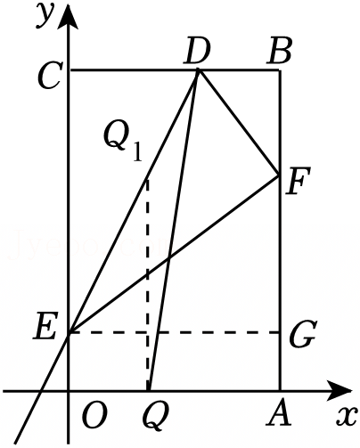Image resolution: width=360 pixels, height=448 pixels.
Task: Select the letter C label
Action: tap(51, 77)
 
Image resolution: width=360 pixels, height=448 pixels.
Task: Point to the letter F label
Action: tap(298, 181)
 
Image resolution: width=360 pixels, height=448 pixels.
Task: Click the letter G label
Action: tap(301, 334)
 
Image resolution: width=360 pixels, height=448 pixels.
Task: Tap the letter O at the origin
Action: tap(94, 415)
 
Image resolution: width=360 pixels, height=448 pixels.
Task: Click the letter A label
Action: tap(278, 415)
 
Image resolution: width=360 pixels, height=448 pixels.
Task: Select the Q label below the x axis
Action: tap(156, 418)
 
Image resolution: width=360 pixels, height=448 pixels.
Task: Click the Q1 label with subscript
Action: tap(123, 143)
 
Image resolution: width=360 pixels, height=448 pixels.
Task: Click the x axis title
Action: tap(347, 415)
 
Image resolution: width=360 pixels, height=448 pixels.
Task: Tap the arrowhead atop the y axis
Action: tap(69, 17)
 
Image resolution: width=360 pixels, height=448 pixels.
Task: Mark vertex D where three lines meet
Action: tap(199, 69)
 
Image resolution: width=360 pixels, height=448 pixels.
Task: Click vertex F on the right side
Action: tap(279, 175)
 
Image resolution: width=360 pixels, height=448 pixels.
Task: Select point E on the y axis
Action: tap(70, 332)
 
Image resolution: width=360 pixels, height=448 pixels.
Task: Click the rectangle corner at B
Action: tap(280, 70)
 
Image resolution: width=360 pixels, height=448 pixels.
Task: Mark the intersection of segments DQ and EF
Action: tap(168, 257)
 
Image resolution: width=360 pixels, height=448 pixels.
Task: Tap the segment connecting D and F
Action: tap(239, 123)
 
